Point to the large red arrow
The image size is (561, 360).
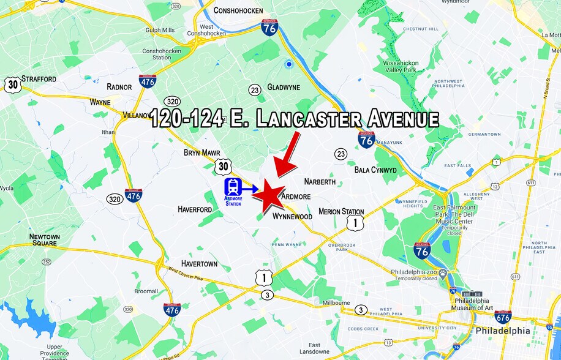coord(287,154)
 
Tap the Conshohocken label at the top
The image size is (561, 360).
coord(238,10)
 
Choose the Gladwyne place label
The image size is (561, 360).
coord(283,88)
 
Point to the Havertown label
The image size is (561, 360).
coord(199,264)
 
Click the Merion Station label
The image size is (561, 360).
coord(341,212)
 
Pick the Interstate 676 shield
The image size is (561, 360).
coord(503,317)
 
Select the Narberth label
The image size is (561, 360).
coord(320,182)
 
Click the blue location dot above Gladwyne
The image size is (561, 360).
coord(288,64)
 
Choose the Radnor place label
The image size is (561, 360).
coord(119,87)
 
